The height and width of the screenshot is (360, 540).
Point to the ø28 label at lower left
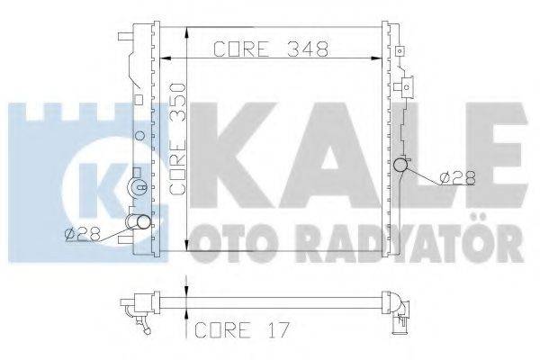80,235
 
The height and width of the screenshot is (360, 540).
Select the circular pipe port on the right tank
401,166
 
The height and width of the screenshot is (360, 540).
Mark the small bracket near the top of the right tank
406,86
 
